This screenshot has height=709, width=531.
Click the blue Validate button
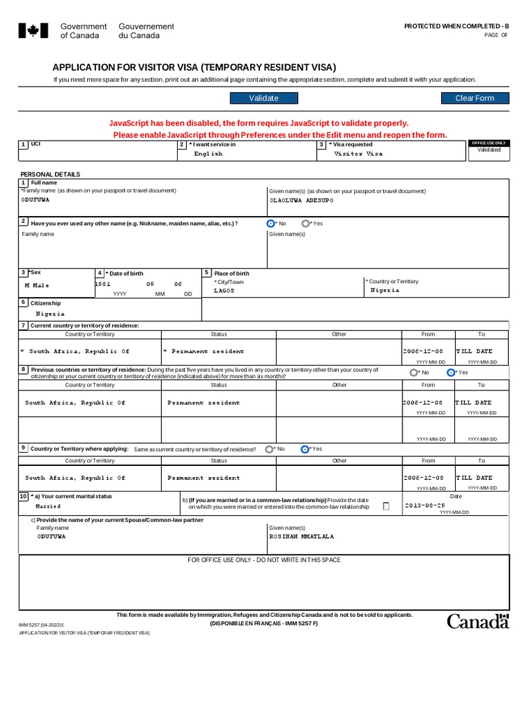point(263,98)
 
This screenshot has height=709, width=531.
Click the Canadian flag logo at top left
point(32,30)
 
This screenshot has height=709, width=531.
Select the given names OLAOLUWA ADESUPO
point(301,200)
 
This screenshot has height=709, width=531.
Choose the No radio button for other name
point(270,224)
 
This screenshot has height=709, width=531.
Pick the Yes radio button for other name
point(306,224)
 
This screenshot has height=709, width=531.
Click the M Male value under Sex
point(37,285)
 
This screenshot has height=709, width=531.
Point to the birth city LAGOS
point(224,291)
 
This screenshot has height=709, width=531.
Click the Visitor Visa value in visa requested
point(358,154)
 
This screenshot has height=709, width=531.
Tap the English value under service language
point(208,154)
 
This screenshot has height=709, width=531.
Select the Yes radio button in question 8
point(451,372)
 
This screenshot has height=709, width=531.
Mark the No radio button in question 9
point(269,449)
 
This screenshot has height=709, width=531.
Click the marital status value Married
point(48,506)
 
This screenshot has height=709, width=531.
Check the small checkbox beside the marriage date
point(386,506)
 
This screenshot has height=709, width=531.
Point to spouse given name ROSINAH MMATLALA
point(301,537)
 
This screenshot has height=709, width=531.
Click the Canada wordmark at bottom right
point(478,621)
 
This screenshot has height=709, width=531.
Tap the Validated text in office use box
point(489,150)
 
